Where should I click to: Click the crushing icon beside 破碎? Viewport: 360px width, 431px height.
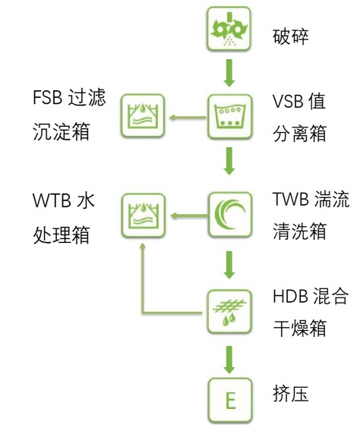coord(229,29)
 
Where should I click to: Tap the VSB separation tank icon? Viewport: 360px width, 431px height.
coord(230,117)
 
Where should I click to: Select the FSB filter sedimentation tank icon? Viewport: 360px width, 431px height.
coord(143,116)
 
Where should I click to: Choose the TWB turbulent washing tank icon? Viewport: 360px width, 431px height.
coord(230,215)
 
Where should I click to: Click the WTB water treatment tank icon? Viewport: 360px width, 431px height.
coord(144,215)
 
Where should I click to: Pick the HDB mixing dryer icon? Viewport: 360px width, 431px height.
coord(229,312)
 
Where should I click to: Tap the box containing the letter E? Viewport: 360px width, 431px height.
coord(230,400)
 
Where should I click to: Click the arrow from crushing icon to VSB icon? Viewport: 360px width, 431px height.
coord(229,73)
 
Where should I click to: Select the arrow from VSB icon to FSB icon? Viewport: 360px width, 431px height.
coord(188,118)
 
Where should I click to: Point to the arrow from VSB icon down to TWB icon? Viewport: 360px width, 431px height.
coord(229,161)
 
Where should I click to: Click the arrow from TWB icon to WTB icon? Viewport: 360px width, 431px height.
coord(189,215)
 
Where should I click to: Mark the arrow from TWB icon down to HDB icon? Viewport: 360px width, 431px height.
coord(229,265)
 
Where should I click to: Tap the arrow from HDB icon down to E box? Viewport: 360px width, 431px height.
coord(229,360)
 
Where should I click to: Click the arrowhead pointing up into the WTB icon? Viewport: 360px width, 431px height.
coord(143,247)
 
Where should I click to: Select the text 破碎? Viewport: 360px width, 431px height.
coord(290,37)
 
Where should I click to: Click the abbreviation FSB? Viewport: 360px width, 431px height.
coord(47,97)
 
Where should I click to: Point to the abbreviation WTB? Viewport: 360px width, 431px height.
coord(52,200)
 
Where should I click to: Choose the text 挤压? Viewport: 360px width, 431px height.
coord(290,393)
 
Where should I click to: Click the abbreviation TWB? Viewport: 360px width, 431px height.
coord(290,199)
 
